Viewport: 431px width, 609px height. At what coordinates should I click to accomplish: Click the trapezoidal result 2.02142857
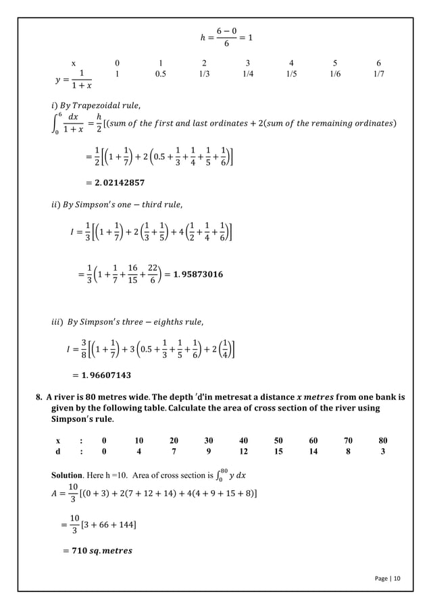115,182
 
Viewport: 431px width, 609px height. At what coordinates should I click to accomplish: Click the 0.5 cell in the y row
161,75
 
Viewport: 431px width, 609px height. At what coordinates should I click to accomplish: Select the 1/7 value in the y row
378,75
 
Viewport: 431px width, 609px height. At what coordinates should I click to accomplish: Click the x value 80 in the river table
383,440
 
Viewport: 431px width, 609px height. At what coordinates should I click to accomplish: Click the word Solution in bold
69,474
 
